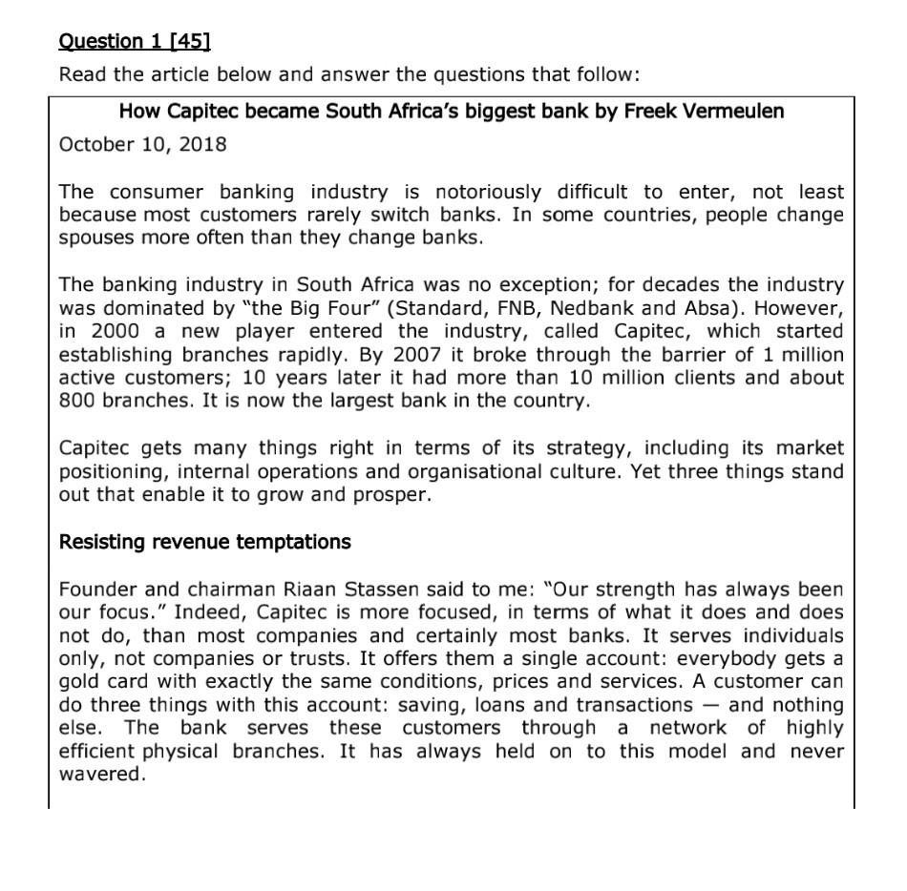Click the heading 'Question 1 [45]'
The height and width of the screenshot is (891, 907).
(x=135, y=41)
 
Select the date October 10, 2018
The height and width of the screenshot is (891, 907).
(x=143, y=145)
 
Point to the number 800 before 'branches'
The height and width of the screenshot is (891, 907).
(x=76, y=401)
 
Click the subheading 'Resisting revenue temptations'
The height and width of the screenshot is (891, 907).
(x=204, y=542)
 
